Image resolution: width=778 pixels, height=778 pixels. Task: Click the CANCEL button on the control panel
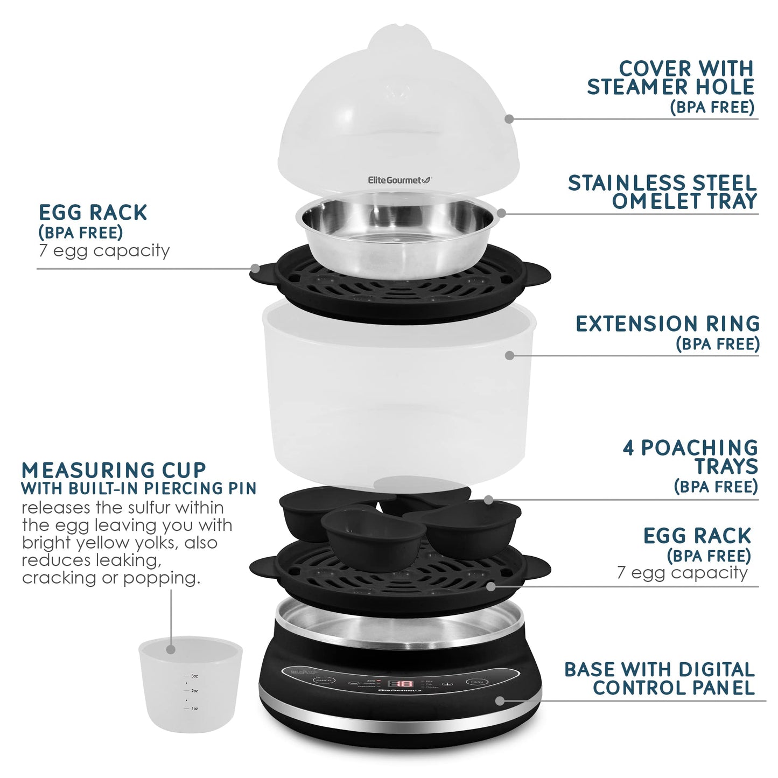click(324, 681)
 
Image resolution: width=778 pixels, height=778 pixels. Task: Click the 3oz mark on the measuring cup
click(194, 675)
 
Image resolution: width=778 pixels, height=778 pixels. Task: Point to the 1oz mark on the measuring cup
click(194, 709)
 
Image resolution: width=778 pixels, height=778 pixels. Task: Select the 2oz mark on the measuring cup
click(194, 690)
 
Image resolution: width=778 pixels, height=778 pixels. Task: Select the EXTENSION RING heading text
click(667, 324)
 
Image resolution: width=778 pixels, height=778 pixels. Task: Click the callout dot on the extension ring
click(510, 355)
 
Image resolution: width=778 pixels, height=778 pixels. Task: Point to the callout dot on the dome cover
click(509, 119)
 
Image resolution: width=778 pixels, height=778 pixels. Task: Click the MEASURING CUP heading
click(114, 470)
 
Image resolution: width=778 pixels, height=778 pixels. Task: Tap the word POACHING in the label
click(699, 448)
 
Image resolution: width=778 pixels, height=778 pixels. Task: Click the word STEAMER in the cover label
click(636, 87)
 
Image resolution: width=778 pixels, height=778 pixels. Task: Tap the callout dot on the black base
click(500, 700)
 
